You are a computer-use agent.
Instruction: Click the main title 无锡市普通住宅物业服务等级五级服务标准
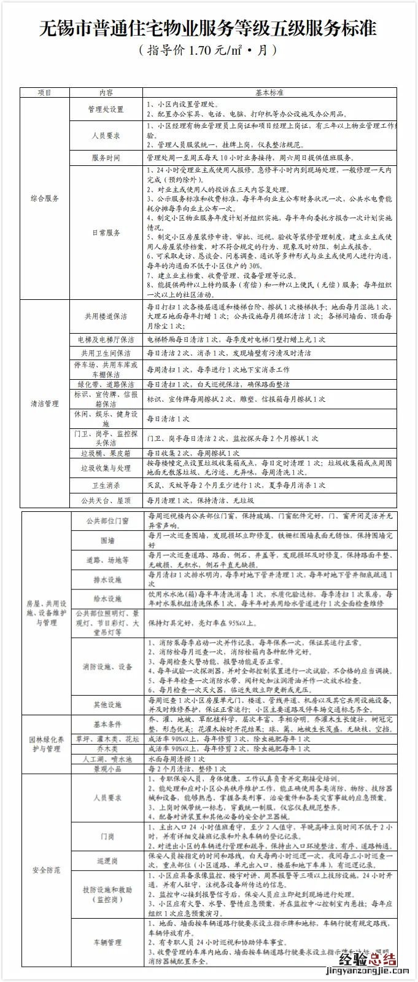209,28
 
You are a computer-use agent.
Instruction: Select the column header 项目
45,93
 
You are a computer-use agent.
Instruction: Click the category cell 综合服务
45,198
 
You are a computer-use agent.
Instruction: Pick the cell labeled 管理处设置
106,109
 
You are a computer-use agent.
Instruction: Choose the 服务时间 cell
106,158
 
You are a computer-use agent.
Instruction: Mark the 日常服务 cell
106,233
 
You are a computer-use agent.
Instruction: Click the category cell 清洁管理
45,404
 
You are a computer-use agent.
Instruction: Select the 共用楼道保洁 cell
106,316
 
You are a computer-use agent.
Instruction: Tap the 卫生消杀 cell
106,485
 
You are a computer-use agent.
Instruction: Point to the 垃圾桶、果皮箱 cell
106,453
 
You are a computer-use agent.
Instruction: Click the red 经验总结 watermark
366,960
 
